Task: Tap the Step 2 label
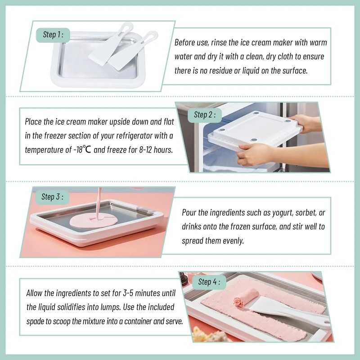(x=205, y=115)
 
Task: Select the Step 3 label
(x=52, y=197)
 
